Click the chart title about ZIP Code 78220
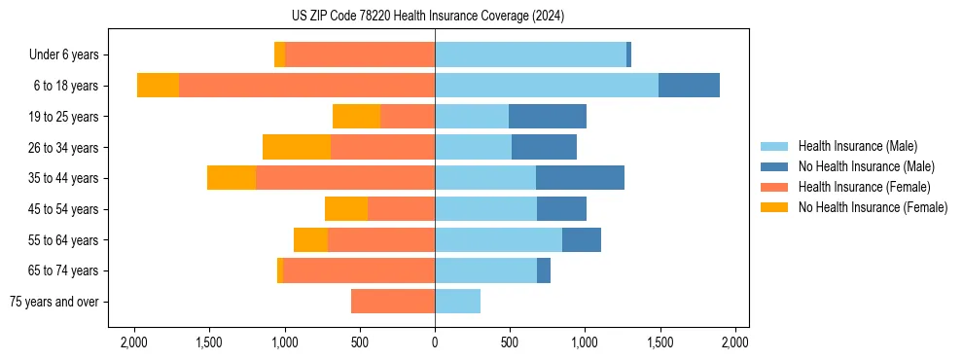tap(434, 17)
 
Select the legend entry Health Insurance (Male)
tap(857, 146)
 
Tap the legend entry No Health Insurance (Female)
tap(873, 207)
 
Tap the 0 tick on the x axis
tap(435, 342)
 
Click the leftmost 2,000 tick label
tap(133, 342)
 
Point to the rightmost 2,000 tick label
tap(735, 342)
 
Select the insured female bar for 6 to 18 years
tap(306, 86)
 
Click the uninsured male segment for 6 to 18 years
tap(689, 86)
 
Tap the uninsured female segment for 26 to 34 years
tap(297, 147)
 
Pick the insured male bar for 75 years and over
tap(457, 302)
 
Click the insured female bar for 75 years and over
tap(393, 302)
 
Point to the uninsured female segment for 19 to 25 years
tap(356, 117)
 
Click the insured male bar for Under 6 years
tap(530, 54)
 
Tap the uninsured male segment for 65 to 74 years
tap(544, 270)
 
